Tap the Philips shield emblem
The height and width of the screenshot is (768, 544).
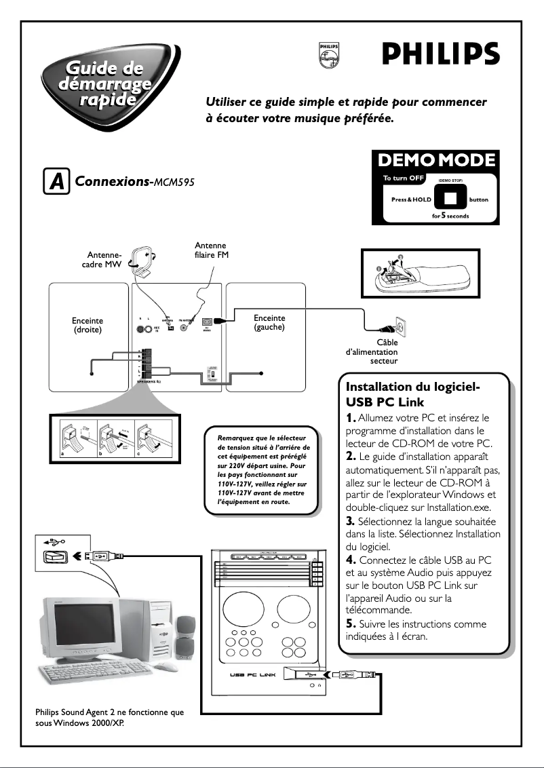tap(328, 55)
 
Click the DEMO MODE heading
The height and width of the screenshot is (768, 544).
tap(436, 160)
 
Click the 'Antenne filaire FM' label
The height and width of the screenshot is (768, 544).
tap(210, 250)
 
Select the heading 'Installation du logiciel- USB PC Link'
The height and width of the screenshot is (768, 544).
tap(413, 394)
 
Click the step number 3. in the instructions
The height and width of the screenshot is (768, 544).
tap(351, 522)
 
